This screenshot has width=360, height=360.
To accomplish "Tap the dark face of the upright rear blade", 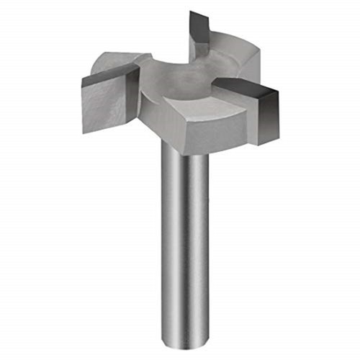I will click(199, 29).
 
